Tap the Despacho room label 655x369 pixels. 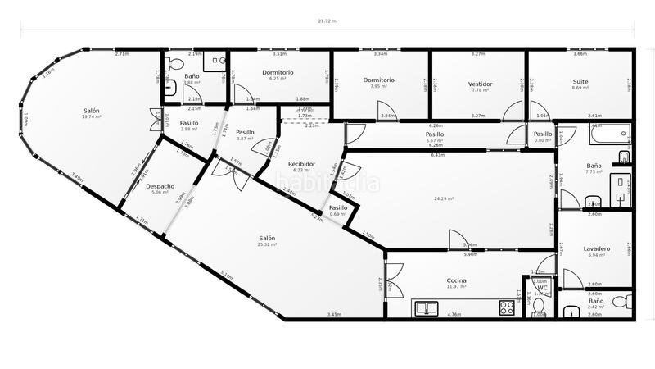pos(160,186)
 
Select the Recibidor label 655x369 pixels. pos(302,164)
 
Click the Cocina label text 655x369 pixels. pos(457,280)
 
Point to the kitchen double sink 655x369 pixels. pos(430,308)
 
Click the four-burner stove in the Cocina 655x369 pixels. pos(507,308)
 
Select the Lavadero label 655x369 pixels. pos(597,248)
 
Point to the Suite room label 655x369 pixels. pos(581,83)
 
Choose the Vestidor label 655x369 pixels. pos(481,84)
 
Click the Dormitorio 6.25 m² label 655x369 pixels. pos(278,72)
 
